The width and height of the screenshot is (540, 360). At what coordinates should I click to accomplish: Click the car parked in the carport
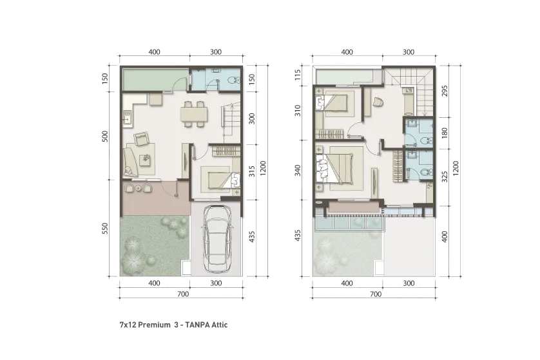point(217,238)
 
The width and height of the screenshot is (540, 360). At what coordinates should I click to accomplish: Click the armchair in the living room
point(141,139)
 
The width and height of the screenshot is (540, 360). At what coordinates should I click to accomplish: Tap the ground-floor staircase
point(232,122)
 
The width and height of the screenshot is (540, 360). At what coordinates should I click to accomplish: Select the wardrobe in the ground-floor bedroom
point(226,152)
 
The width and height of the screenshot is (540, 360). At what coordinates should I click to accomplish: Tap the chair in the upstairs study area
point(378,102)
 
